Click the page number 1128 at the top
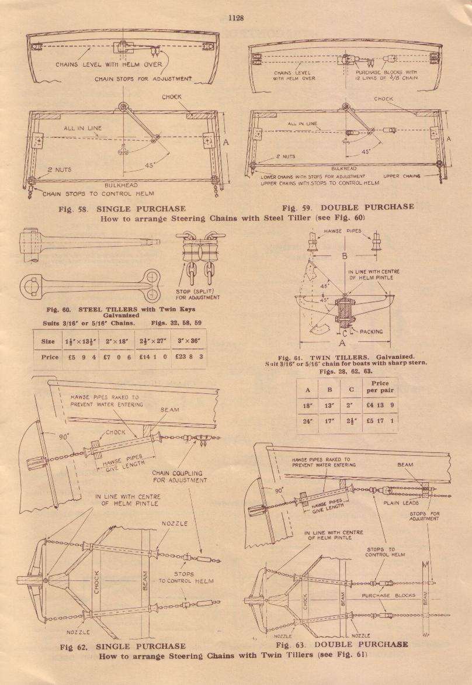point(235,18)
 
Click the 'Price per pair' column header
point(380,387)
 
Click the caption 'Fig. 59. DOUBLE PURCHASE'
point(348,207)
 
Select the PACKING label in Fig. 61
point(371,331)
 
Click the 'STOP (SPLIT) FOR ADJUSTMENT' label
point(197,293)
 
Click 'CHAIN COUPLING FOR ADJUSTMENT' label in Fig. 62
point(180,476)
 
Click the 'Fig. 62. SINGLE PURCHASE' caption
point(123,646)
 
